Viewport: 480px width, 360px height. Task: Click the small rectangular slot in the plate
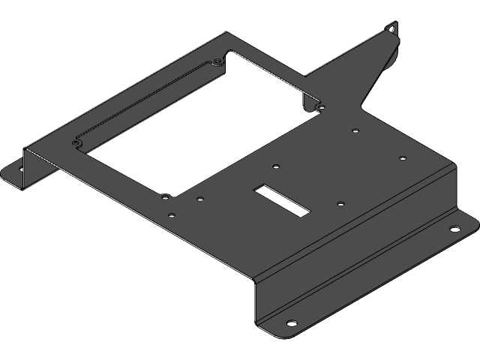point(282,199)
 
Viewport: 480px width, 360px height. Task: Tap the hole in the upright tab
point(391,29)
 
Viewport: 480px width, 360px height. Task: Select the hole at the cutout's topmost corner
point(217,59)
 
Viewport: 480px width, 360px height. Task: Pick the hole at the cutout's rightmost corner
point(321,108)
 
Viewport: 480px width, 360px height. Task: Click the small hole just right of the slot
point(340,202)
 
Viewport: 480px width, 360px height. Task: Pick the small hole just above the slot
point(276,166)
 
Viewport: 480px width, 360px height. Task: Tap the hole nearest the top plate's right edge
point(402,158)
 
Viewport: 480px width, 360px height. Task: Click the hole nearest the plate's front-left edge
point(172,215)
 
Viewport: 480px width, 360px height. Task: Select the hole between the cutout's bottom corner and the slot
point(199,199)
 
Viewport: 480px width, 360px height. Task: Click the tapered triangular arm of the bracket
point(360,75)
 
